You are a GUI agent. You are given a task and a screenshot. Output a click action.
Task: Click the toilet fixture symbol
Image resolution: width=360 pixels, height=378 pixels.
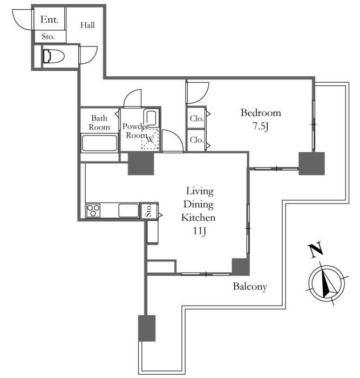click(54, 56)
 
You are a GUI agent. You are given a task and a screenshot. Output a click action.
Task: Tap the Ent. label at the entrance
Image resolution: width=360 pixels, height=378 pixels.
click(50, 19)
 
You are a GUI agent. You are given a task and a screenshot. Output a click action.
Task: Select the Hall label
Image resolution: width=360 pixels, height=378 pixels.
click(87, 25)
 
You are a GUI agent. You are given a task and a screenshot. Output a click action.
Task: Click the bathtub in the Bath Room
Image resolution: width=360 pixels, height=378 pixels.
click(99, 143)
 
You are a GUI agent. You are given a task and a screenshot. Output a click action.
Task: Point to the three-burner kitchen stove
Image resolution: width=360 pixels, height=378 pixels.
click(93, 210)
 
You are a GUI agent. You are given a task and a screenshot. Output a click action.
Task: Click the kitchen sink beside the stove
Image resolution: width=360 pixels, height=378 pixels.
click(128, 210)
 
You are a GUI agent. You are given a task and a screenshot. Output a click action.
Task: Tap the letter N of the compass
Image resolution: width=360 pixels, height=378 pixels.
click(315, 249)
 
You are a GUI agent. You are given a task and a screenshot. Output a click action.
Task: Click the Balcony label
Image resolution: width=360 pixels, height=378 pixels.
click(250, 287)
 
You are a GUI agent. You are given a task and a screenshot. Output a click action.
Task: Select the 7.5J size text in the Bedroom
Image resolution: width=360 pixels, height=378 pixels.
click(261, 126)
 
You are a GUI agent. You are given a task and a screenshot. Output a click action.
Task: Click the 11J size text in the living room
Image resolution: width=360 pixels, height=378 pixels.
click(199, 231)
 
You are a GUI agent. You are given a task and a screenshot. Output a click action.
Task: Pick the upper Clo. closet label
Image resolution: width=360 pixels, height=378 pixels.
click(196, 118)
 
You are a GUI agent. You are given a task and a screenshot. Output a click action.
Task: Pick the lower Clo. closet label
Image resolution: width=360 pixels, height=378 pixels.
click(196, 139)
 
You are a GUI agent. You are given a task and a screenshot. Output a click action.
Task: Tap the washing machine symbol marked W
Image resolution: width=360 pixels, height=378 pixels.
click(150, 139)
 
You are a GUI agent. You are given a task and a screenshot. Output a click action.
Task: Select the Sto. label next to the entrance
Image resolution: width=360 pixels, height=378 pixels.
click(48, 37)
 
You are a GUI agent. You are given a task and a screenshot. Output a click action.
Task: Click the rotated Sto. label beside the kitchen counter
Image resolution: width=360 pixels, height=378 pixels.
click(148, 211)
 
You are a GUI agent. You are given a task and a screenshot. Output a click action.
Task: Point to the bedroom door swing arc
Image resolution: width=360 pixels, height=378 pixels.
click(198, 93)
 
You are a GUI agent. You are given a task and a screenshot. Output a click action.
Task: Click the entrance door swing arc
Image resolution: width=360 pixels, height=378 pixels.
click(22, 19)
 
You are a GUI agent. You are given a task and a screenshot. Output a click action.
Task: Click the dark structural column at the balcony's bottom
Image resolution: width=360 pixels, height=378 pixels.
click(147, 328)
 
